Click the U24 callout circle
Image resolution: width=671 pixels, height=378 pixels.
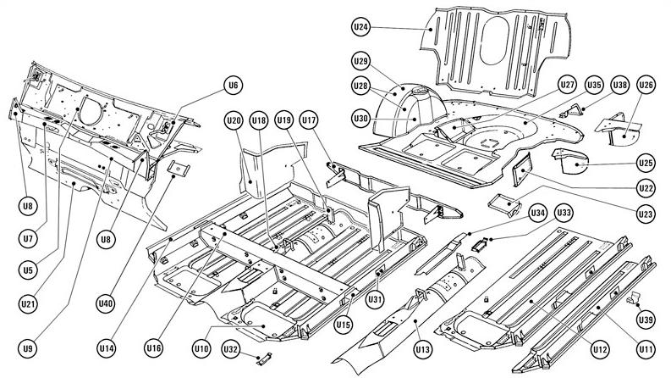(x=360, y=27)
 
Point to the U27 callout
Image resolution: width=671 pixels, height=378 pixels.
(x=567, y=85)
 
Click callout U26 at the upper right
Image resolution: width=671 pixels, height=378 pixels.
(x=646, y=85)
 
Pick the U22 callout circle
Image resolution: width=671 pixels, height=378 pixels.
(x=646, y=187)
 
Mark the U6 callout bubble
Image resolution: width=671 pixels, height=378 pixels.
(x=234, y=84)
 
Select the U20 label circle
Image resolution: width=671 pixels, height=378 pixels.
(x=234, y=121)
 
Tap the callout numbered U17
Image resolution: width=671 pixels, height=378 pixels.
(x=308, y=121)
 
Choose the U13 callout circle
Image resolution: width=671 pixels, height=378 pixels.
(x=421, y=348)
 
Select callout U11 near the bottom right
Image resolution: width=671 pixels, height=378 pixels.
(x=646, y=348)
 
